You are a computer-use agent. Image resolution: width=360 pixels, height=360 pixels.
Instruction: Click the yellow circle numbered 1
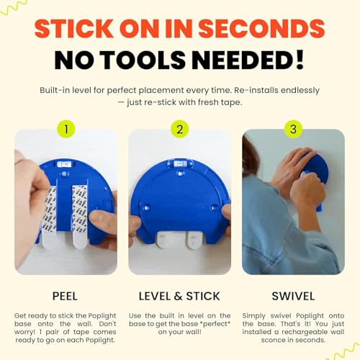pyautogui.click(x=66, y=129)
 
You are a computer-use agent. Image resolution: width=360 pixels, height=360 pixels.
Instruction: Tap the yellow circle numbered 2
pyautogui.click(x=180, y=129)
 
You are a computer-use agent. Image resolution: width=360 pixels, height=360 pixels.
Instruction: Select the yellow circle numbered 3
pyautogui.click(x=293, y=129)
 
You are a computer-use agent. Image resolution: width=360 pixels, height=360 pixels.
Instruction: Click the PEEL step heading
pyautogui.click(x=65, y=296)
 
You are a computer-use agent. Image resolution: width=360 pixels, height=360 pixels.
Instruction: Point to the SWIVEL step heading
pyautogui.click(x=293, y=296)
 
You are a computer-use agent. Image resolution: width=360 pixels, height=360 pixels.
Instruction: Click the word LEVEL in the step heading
pyautogui.click(x=155, y=296)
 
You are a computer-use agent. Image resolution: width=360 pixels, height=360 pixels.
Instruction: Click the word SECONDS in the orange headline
pyautogui.click(x=261, y=28)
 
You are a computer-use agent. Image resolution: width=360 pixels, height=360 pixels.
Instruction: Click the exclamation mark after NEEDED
pyautogui.click(x=300, y=59)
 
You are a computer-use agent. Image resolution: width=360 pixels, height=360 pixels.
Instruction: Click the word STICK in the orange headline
pyautogui.click(x=74, y=28)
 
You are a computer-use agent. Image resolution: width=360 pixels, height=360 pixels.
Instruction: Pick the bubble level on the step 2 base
pyautogui.click(x=180, y=164)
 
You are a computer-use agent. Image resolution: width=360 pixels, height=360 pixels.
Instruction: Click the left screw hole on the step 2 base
pyautogui.click(x=146, y=207)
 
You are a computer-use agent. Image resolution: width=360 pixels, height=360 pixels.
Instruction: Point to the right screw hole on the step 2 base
pyautogui.click(x=214, y=207)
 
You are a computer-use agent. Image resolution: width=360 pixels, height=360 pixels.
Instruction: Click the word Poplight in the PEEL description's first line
pyautogui.click(x=102, y=315)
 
